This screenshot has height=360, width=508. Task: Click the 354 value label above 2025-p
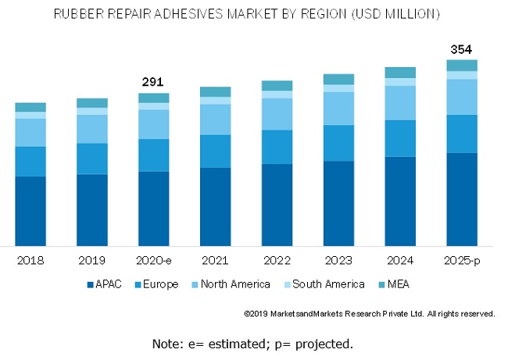click(461, 50)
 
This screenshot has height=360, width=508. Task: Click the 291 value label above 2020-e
click(153, 81)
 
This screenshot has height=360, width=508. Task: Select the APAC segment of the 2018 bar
click(30, 211)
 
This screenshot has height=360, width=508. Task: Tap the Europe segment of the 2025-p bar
click(461, 134)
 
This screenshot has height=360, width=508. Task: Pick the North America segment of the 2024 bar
click(399, 102)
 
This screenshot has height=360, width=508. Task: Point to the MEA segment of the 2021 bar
click(215, 91)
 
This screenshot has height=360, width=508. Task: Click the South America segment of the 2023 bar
click(338, 88)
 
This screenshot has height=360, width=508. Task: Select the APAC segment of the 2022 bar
click(277, 205)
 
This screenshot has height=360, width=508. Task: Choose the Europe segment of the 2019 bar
click(92, 159)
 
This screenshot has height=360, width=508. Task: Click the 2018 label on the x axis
click(30, 260)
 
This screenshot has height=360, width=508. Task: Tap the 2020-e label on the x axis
click(153, 260)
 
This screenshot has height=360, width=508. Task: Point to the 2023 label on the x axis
click(338, 260)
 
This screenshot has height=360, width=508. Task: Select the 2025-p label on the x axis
click(461, 260)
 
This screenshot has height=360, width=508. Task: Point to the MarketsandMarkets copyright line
click(369, 314)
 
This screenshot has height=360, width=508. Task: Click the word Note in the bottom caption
click(166, 344)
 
